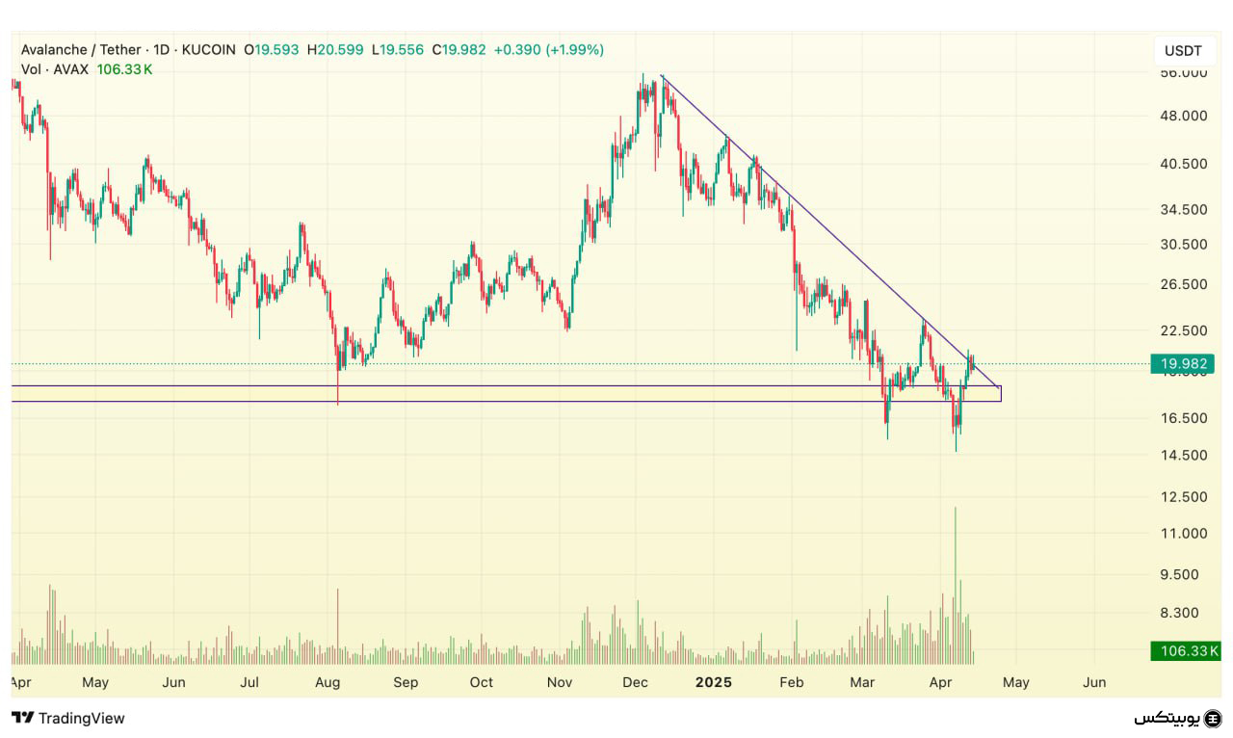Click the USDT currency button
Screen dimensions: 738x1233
(1182, 50)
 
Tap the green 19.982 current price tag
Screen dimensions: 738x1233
(1182, 363)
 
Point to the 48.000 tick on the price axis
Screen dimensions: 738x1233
(1182, 116)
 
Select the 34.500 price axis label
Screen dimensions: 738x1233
(1182, 209)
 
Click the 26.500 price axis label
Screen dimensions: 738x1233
(1182, 284)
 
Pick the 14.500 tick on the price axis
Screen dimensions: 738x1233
(1182, 455)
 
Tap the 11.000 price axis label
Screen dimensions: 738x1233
(1182, 533)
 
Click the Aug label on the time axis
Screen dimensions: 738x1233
(328, 682)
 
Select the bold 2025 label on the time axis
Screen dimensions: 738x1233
(714, 682)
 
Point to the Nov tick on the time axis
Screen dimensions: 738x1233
(560, 682)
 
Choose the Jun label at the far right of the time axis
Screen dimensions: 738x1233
(1094, 682)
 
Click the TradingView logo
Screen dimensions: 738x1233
(68, 718)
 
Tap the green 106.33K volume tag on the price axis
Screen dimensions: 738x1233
(1186, 651)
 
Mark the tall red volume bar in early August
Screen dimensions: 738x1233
(338, 626)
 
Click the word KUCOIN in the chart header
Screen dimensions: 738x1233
(207, 49)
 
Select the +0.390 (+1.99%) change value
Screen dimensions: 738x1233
(548, 49)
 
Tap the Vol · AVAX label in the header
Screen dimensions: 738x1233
(55, 69)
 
